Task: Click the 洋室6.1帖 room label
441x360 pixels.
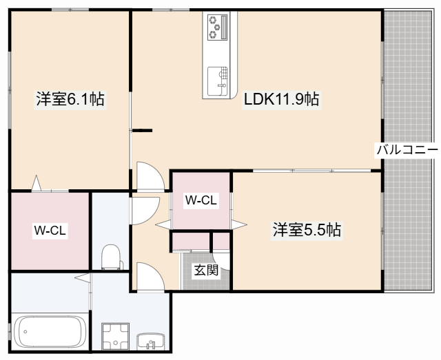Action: click(x=70, y=100)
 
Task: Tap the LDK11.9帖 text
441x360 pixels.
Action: click(x=280, y=100)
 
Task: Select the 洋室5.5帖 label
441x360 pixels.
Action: click(x=307, y=230)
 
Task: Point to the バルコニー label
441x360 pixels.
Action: click(x=407, y=149)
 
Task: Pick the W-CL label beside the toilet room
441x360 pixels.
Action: click(x=50, y=231)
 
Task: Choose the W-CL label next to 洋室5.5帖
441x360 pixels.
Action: click(x=201, y=200)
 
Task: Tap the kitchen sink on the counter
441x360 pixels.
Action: click(x=218, y=78)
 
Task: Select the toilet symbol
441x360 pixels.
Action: click(x=111, y=257)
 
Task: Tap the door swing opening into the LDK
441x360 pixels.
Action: click(x=150, y=175)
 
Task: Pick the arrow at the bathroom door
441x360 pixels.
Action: click(x=81, y=278)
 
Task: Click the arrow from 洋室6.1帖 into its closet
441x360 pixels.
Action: click(x=37, y=183)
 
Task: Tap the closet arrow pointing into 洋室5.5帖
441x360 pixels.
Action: click(x=239, y=224)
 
